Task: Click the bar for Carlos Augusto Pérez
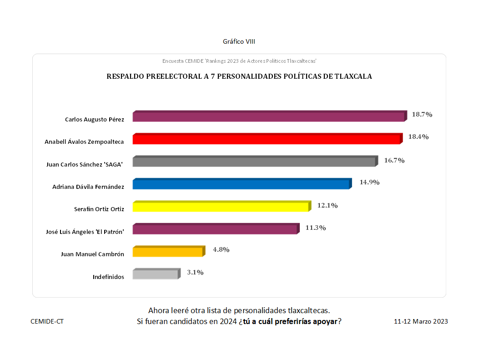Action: (x=268, y=117)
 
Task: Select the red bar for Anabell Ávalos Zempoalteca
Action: (x=267, y=139)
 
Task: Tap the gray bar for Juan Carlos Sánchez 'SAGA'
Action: (x=254, y=162)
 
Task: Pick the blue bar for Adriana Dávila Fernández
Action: (x=241, y=184)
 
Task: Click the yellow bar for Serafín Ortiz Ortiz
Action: (x=221, y=207)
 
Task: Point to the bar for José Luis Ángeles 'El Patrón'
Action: (x=215, y=229)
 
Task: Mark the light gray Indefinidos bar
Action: (x=156, y=274)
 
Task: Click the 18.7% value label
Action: (x=422, y=114)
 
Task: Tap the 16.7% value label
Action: (x=394, y=160)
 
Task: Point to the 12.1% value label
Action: (x=328, y=205)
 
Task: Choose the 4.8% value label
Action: (x=221, y=249)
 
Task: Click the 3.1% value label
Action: (x=195, y=272)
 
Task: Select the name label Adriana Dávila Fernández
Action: (x=88, y=187)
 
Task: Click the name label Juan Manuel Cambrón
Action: (x=92, y=254)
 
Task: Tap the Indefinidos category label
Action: (x=108, y=277)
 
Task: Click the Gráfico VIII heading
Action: (x=239, y=41)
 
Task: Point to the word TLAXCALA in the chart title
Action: (x=353, y=76)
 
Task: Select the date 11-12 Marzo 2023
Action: (x=421, y=321)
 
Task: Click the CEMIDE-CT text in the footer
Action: (x=47, y=321)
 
